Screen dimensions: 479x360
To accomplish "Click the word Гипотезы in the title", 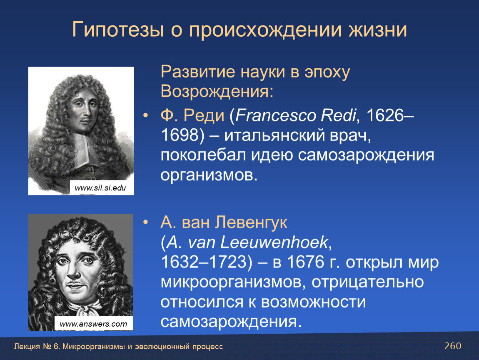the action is coord(118,30).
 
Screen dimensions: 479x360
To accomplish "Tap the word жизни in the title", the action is coord(378,30).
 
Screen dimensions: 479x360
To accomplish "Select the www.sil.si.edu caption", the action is coord(100,187).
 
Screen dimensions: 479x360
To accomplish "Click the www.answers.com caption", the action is coord(93,324).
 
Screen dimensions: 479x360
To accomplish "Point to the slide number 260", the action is coord(453,346).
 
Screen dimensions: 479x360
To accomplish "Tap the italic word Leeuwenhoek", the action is coord(274,242).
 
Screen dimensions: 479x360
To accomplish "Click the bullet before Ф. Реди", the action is coord(146,115).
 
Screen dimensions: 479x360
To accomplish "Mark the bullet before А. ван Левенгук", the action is coord(146,222).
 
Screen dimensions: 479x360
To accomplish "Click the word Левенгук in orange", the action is coord(251,222).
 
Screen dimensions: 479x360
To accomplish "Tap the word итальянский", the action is coord(274,135).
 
